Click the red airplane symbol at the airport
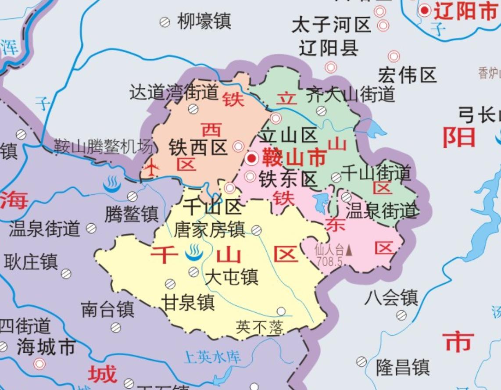152,168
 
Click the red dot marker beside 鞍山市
252,158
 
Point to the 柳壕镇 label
204,21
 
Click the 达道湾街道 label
174,93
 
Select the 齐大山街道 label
351,94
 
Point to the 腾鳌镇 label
131,215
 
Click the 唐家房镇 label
209,229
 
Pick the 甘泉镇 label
188,302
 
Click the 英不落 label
260,327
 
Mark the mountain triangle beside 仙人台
349,250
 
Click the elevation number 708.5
329,261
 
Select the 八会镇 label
391,298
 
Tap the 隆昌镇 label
403,367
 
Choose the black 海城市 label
46,348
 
